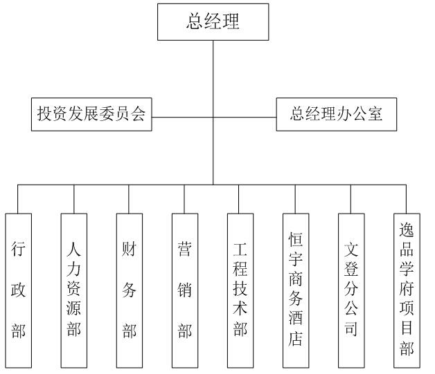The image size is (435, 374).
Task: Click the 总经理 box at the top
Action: tap(213, 22)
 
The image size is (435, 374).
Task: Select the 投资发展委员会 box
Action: tap(91, 114)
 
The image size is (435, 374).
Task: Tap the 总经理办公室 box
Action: tap(336, 114)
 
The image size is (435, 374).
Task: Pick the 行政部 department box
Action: tap(18, 290)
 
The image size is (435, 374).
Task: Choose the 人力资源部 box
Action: tap(74, 290)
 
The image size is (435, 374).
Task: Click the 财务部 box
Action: tap(130, 290)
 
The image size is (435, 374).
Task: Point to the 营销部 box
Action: tap(185, 290)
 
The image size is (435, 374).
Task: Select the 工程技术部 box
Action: tap(240, 290)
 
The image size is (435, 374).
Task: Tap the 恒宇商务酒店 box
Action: tap(296, 290)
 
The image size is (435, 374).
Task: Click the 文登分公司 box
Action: tap(351, 290)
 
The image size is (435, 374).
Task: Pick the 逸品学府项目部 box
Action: tap(407, 290)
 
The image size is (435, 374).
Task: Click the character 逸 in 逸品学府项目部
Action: tap(407, 230)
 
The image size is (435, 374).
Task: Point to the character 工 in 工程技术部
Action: tap(240, 249)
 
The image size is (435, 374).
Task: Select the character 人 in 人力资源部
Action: tap(73, 249)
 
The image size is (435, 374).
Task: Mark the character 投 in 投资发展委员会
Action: tap(44, 113)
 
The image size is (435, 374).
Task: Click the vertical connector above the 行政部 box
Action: tap(18, 199)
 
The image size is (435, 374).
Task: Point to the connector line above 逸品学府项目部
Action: tap(407, 199)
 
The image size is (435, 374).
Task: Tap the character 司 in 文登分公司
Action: tap(351, 328)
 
